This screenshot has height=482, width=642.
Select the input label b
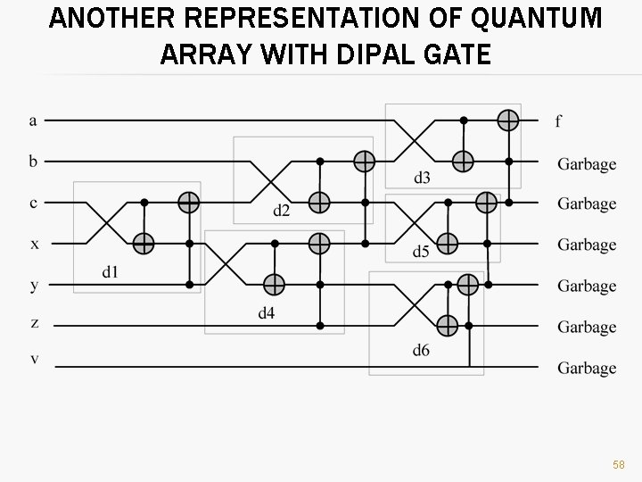tap(33, 162)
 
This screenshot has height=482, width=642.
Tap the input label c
tap(33, 204)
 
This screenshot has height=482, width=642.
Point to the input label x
tap(34, 244)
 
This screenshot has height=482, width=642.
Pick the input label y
tap(34, 286)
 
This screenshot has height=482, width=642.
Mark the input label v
tap(34, 359)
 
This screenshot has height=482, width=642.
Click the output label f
tap(558, 121)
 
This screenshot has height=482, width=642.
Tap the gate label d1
tap(111, 272)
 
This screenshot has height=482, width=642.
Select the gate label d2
tap(282, 211)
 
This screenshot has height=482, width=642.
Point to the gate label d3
tap(422, 178)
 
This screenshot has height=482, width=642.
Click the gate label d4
tap(267, 312)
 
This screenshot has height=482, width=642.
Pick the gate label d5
tap(421, 252)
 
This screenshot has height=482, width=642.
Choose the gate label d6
tap(421, 350)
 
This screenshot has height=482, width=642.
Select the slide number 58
tap(618, 465)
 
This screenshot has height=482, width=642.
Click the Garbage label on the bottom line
tap(587, 368)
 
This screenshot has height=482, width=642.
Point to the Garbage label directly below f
tap(587, 163)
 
